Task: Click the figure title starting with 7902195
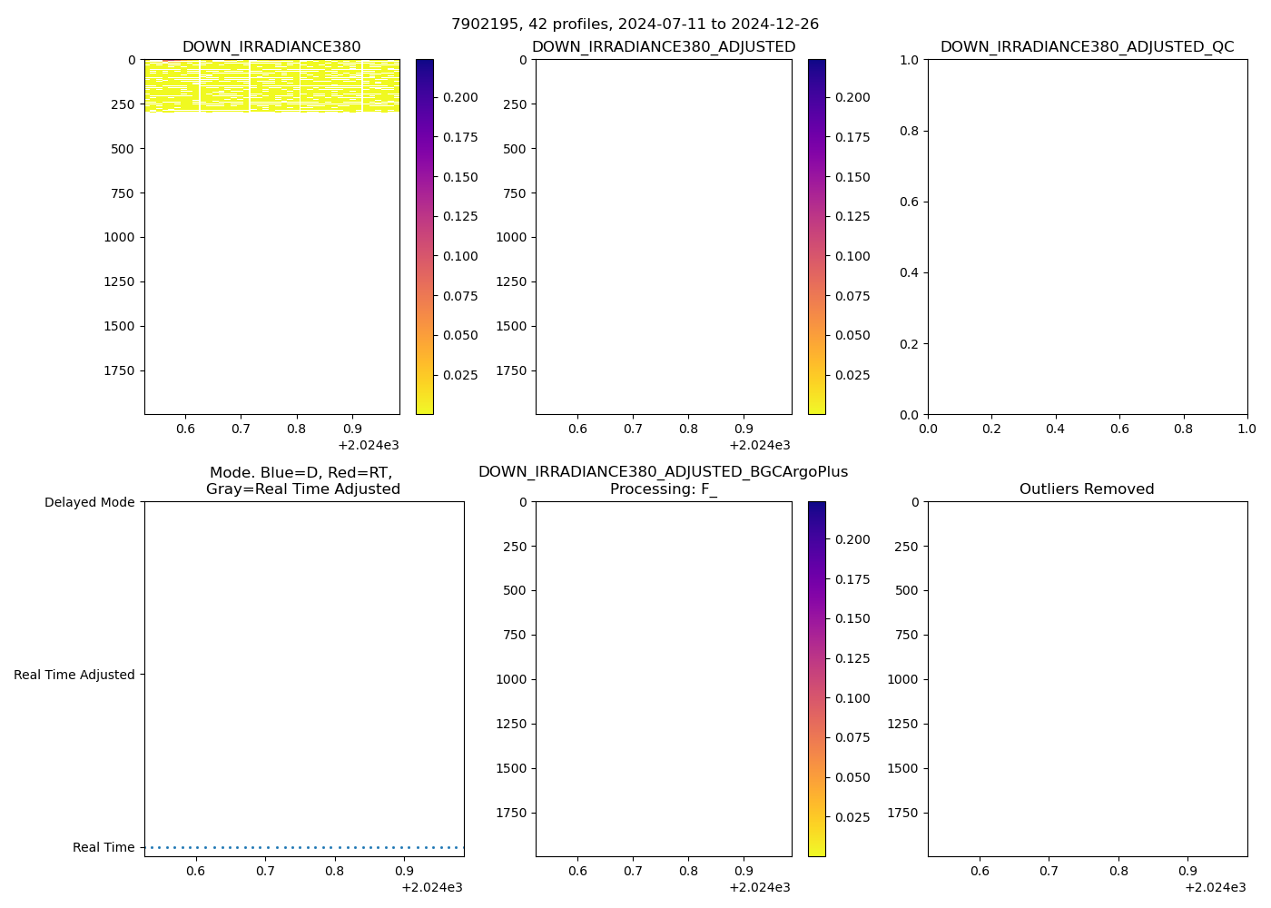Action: click(635, 25)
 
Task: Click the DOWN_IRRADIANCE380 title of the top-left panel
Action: click(271, 47)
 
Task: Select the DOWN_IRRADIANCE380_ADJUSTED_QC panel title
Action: click(1087, 47)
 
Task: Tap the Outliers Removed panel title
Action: click(1087, 489)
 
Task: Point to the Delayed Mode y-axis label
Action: click(89, 502)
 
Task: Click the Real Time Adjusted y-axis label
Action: click(74, 675)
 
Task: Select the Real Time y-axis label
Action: click(103, 847)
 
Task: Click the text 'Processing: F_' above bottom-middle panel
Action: click(664, 489)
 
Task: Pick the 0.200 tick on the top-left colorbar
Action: click(460, 97)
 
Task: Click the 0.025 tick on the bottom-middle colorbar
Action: click(852, 817)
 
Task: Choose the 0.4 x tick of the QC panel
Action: click(1055, 428)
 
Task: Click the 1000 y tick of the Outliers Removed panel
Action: click(902, 679)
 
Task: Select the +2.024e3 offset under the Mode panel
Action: click(431, 887)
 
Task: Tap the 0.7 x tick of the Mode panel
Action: click(265, 870)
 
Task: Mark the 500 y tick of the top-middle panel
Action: click(512, 149)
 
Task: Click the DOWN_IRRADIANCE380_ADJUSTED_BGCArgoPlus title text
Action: click(664, 472)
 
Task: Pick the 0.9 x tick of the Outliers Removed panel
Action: click(1188, 870)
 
